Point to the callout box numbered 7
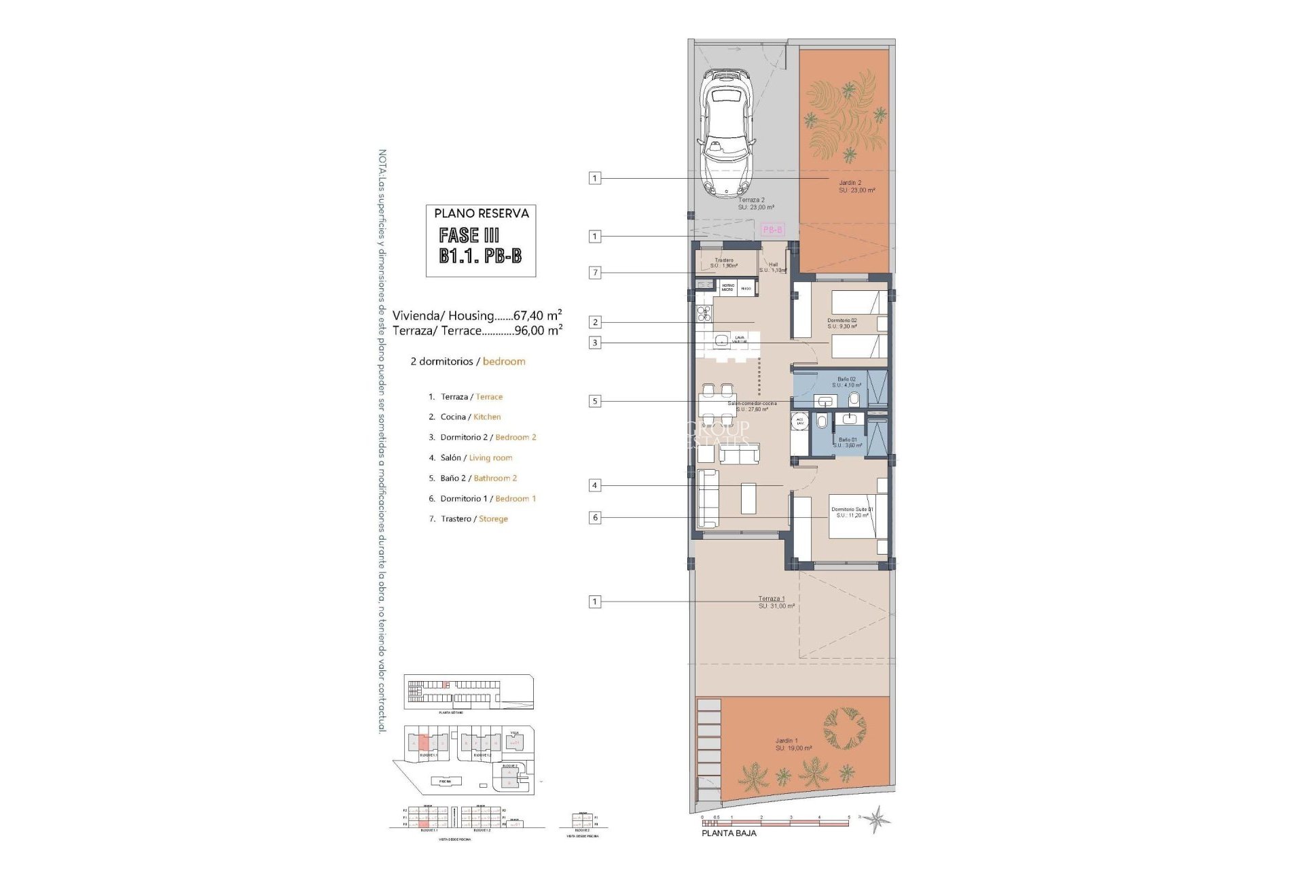tap(595, 273)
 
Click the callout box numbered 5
tap(595, 401)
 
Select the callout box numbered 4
tap(595, 485)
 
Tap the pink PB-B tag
tap(773, 230)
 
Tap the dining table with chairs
tap(717, 404)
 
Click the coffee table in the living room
tap(748, 498)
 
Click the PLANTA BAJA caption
tap(728, 833)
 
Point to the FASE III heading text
tap(469, 235)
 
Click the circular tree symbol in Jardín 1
tap(844, 729)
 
